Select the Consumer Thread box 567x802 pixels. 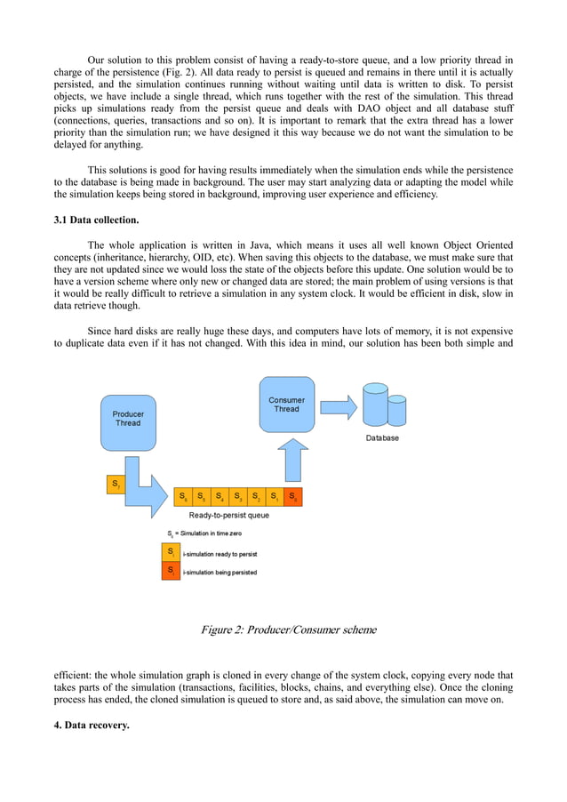point(286,405)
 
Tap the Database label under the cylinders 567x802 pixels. point(382,438)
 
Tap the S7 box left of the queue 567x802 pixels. point(115,485)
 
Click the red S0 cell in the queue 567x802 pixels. point(293,496)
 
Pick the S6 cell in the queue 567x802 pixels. point(183,496)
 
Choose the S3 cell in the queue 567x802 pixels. point(238,496)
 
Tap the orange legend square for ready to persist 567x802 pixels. point(170,552)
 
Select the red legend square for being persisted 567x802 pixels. point(170,571)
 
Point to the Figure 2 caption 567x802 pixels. point(288,630)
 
